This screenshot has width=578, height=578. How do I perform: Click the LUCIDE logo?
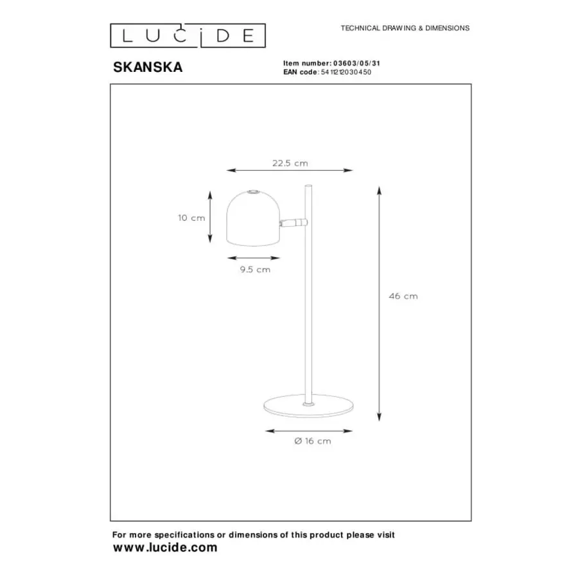click(188, 35)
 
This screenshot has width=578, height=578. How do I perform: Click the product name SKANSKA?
click(148, 67)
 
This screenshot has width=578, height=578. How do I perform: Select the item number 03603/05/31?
click(356, 64)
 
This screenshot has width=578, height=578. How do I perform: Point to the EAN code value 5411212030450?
click(346, 72)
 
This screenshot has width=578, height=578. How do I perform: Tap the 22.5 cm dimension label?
click(290, 163)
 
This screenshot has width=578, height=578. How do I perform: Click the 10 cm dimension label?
click(191, 218)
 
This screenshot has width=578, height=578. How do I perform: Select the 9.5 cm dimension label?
click(255, 270)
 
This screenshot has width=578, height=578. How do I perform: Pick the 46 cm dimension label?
click(403, 296)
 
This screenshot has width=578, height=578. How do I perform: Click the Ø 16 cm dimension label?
click(313, 441)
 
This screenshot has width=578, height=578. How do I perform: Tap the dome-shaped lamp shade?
click(253, 218)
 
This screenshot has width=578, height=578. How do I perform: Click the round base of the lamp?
click(308, 405)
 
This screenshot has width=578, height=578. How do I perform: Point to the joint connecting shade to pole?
click(293, 222)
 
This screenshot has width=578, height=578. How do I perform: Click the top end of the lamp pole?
click(309, 186)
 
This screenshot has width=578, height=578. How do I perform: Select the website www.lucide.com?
click(165, 547)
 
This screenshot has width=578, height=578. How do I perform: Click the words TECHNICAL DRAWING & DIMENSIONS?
click(405, 28)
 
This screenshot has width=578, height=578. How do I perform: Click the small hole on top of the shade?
click(253, 191)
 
